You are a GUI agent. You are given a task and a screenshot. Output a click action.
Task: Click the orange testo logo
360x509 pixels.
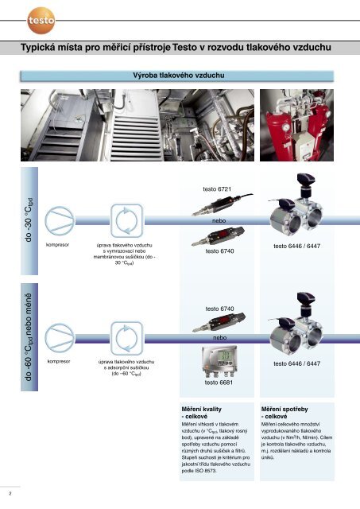(41, 21)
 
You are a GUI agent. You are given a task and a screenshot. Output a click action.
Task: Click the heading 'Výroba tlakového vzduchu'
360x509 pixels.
(178, 76)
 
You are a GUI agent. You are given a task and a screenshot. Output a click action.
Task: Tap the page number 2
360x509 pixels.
(10, 494)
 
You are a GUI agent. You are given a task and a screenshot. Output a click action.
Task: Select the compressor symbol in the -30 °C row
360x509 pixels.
(60, 221)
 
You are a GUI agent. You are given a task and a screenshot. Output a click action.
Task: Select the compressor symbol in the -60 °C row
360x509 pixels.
(60, 338)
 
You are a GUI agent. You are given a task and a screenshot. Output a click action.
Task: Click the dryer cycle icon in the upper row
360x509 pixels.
(127, 221)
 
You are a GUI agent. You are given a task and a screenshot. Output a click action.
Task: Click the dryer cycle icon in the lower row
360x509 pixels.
(127, 338)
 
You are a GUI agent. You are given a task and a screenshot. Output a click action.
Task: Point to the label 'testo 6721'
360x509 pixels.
(217, 189)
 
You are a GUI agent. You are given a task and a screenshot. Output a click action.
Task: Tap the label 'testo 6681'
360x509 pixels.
(219, 383)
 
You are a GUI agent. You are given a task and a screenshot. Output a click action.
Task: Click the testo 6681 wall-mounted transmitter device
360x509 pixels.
(219, 361)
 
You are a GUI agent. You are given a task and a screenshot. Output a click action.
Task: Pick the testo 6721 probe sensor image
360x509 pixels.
(223, 204)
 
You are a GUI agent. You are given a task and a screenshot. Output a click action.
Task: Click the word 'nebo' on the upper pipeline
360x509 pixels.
(219, 221)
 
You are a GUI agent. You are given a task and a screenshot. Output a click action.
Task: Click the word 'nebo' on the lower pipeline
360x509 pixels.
(219, 338)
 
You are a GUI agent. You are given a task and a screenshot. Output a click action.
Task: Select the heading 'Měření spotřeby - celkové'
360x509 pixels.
(285, 413)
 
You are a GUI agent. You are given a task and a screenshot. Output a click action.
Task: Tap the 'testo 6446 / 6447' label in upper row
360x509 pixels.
(296, 246)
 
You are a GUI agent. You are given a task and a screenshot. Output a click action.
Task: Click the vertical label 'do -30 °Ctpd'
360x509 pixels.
(29, 220)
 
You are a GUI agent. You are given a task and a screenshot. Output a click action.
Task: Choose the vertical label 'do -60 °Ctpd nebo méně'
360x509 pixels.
(29, 337)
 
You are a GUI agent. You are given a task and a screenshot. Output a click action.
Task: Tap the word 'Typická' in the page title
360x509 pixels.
(37, 48)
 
